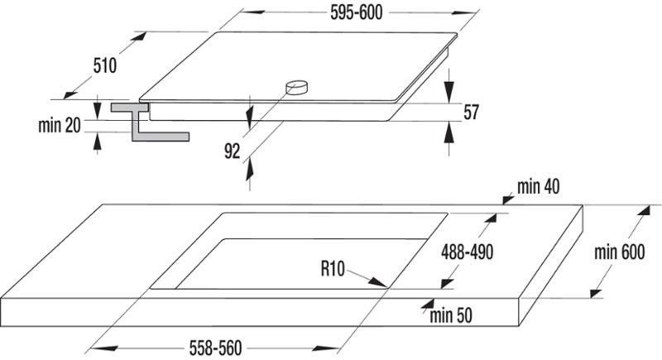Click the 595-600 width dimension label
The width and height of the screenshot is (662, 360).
356,12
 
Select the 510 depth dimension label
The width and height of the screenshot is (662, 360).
105,66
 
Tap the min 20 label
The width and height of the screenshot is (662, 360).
59,125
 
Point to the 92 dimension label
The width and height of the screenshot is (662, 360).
232,151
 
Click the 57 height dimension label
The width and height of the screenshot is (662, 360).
471,113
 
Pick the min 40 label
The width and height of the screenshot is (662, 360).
539,186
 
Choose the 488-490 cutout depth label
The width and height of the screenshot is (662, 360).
467,252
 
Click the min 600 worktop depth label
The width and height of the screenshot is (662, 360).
619,252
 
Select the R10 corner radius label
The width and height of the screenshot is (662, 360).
333,268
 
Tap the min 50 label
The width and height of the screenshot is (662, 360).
451,315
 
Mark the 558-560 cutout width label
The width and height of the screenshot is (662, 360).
215,348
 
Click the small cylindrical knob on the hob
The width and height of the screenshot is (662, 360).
296,88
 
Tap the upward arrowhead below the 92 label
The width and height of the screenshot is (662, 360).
250,169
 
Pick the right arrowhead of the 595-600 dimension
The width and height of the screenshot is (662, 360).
464,12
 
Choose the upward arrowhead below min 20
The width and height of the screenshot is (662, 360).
98,142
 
